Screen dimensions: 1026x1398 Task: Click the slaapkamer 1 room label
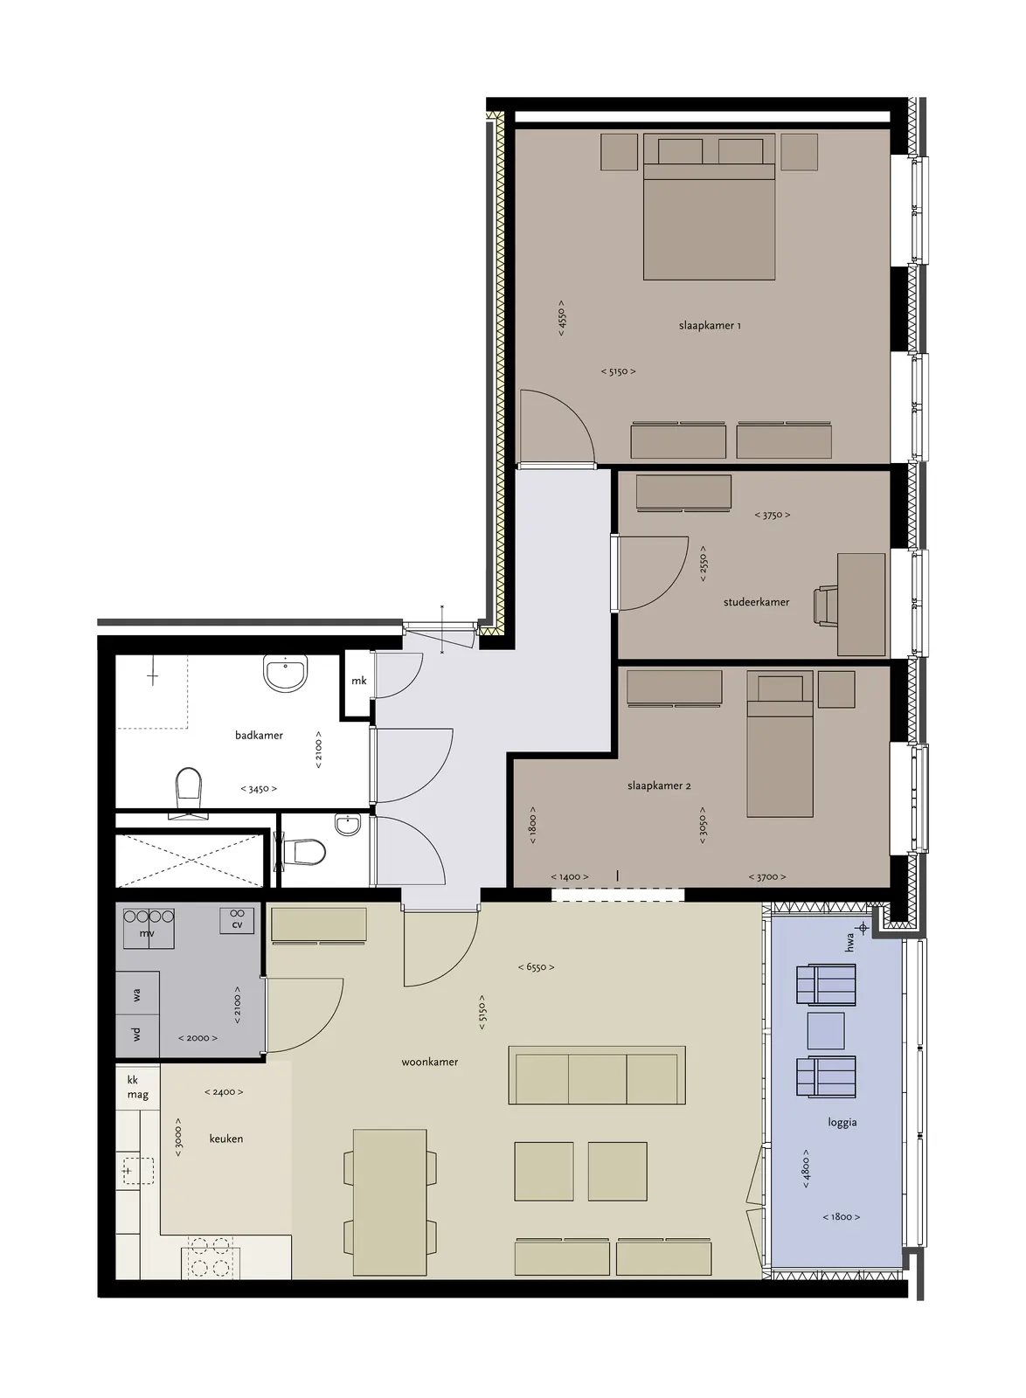[x=710, y=325]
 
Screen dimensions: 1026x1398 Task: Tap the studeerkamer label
[x=756, y=602]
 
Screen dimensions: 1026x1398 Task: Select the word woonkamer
[x=429, y=1062]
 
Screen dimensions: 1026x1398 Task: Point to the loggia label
[x=842, y=1123]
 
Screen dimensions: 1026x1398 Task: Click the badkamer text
[x=259, y=735]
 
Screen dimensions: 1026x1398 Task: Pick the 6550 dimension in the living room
[x=536, y=967]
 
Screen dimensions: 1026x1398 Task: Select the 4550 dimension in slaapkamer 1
[x=562, y=318]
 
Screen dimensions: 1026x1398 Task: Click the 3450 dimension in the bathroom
[x=259, y=789]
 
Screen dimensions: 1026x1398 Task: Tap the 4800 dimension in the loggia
[x=806, y=1168]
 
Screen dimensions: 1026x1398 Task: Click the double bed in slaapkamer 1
[x=709, y=206]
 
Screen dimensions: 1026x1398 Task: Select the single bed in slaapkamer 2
[x=780, y=744]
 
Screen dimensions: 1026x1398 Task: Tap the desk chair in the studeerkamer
[x=826, y=606]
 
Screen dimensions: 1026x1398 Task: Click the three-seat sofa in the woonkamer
[x=597, y=1076]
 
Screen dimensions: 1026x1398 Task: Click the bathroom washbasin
[x=286, y=673]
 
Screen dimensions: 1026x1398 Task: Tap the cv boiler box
[x=237, y=921]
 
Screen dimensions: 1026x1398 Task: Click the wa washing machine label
[x=136, y=995]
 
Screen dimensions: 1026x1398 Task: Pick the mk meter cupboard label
[x=359, y=681]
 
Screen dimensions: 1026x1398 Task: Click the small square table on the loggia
[x=826, y=1031]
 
